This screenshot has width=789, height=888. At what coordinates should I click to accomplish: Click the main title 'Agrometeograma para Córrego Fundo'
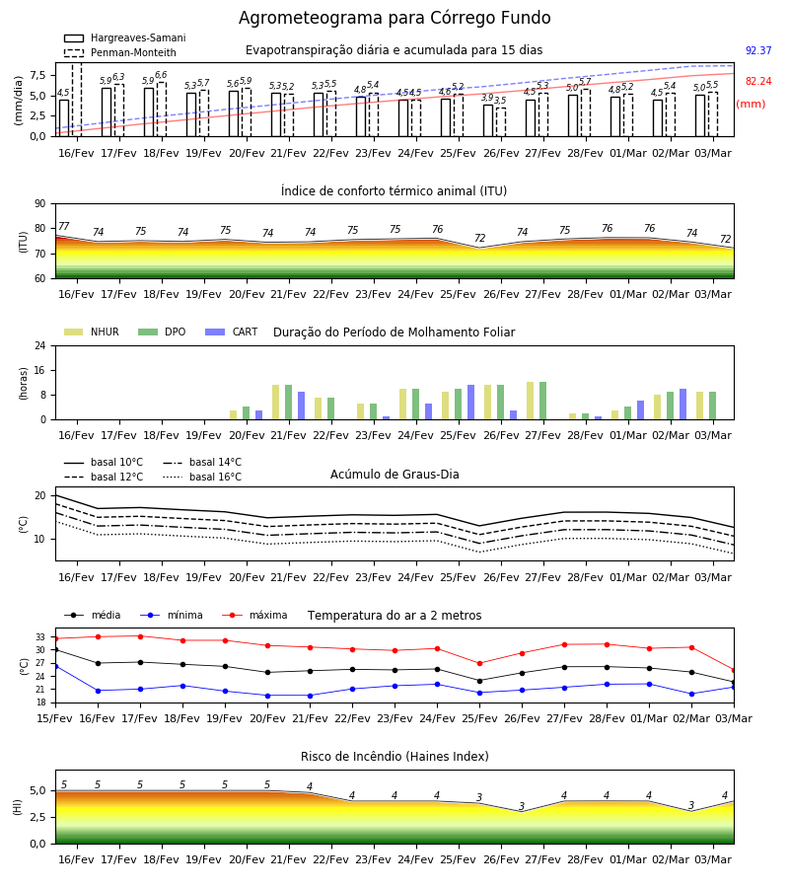[x=394, y=18]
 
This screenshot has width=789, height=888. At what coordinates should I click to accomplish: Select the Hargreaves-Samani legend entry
[x=124, y=37]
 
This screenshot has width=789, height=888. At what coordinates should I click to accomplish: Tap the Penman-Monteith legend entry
[x=120, y=52]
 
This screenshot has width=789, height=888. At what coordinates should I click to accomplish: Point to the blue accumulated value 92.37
[x=758, y=50]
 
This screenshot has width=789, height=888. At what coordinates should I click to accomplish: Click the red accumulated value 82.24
[x=758, y=81]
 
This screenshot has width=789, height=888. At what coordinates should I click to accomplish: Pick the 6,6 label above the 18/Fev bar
[x=161, y=75]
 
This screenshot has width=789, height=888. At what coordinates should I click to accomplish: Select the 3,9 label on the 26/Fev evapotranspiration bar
[x=487, y=98]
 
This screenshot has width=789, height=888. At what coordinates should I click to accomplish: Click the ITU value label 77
[x=63, y=227]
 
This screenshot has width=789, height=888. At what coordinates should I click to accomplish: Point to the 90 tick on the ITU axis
[x=40, y=204]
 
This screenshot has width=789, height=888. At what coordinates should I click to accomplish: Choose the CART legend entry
[x=232, y=332]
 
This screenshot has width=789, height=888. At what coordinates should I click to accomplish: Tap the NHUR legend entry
[x=92, y=332]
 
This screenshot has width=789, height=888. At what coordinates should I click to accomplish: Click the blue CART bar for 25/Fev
[x=470, y=403]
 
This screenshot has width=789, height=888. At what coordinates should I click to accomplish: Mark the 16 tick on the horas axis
[x=40, y=370]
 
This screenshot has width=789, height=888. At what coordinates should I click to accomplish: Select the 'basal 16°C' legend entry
[x=202, y=477]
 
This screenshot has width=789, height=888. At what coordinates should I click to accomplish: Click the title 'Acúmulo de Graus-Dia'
[x=394, y=475]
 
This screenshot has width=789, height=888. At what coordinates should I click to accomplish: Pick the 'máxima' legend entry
[x=254, y=615]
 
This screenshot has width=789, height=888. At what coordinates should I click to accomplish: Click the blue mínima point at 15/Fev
[x=55, y=667]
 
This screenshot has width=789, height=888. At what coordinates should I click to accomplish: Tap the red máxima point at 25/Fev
[x=480, y=663]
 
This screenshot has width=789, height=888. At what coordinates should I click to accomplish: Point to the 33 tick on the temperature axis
[x=40, y=637]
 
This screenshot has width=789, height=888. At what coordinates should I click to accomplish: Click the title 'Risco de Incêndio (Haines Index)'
[x=394, y=757]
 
